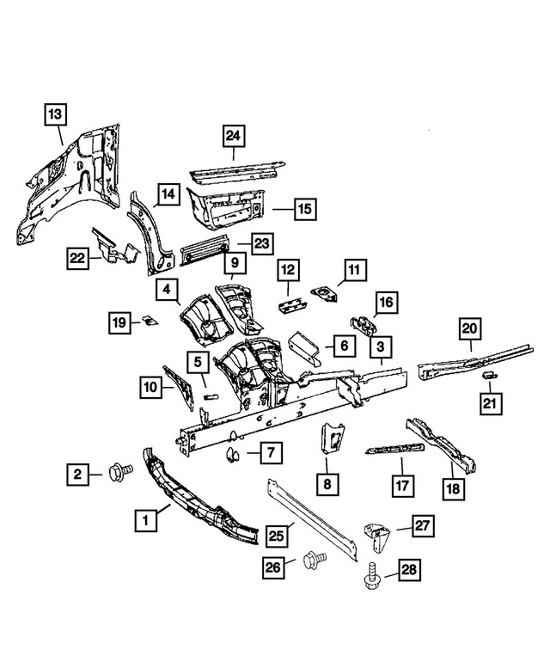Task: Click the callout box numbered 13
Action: [x=54, y=113]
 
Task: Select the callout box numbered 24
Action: [x=233, y=135]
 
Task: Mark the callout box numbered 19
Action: [x=120, y=322]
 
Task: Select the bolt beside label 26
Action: [x=315, y=560]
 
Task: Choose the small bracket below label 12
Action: [x=289, y=303]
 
